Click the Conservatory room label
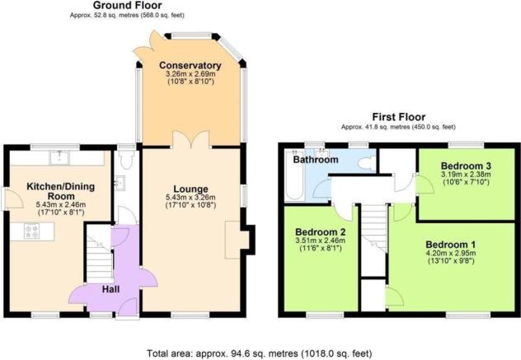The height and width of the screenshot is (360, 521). [190, 65]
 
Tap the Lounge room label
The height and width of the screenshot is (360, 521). [190, 189]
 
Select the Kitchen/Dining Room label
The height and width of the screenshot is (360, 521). [60, 191]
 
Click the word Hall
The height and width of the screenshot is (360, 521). [110, 289]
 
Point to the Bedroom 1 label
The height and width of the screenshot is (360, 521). [451, 245]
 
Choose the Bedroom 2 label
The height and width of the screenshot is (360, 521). [321, 231]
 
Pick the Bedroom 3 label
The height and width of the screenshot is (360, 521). [466, 166]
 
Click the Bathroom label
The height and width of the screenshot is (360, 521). [316, 160]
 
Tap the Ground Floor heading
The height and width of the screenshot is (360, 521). [127, 5]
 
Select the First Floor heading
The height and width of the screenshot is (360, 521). [399, 117]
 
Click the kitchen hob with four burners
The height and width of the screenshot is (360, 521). [31, 231]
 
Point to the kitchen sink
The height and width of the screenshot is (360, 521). [59, 157]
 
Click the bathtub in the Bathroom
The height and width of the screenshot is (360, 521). [294, 175]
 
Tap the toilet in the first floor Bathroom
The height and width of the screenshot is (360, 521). [367, 164]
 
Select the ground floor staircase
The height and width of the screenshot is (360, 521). [99, 254]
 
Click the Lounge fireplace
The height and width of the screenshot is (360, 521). [237, 240]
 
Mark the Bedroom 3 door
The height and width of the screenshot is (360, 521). [425, 185]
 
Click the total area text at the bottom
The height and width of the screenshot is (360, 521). [260, 353]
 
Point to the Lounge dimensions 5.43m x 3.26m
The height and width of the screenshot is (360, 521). [190, 198]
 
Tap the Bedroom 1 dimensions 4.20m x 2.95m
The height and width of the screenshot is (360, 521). [451, 254]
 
